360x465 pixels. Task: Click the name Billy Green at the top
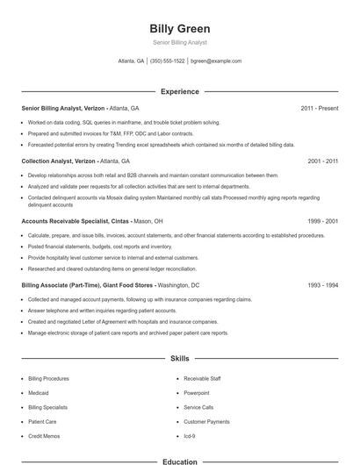coord(180,29)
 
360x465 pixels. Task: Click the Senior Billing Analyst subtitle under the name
coord(180,43)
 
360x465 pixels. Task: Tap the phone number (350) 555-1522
coord(168,61)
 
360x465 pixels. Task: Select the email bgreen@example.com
coord(217,61)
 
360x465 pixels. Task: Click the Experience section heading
coord(180,91)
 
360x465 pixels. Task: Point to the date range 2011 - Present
coord(319,108)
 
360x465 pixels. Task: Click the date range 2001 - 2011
coord(322,161)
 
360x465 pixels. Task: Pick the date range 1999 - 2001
coord(322,222)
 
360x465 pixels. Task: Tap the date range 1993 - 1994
coord(322,285)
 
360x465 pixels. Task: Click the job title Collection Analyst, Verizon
coord(58,161)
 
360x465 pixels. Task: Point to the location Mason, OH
coord(148,222)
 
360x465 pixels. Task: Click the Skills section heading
coord(180,359)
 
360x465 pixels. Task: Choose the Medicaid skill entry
coord(39,393)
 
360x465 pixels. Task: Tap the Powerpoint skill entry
coord(197,393)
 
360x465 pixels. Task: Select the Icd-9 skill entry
coord(190,436)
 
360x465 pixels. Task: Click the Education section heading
coord(180,461)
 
